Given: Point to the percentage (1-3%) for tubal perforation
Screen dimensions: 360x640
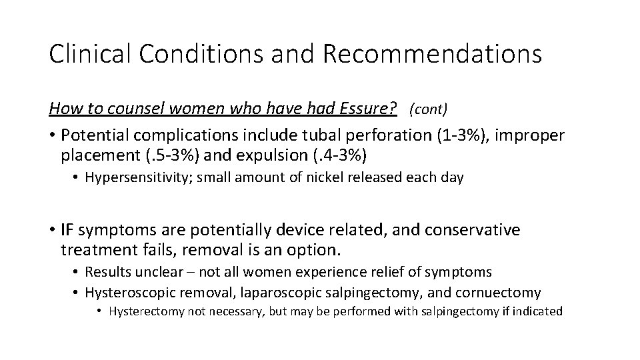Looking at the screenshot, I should pos(450,136).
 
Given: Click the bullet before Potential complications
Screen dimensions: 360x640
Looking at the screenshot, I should pos(51,137).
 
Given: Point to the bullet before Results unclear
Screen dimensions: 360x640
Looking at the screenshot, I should pos(77,271).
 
